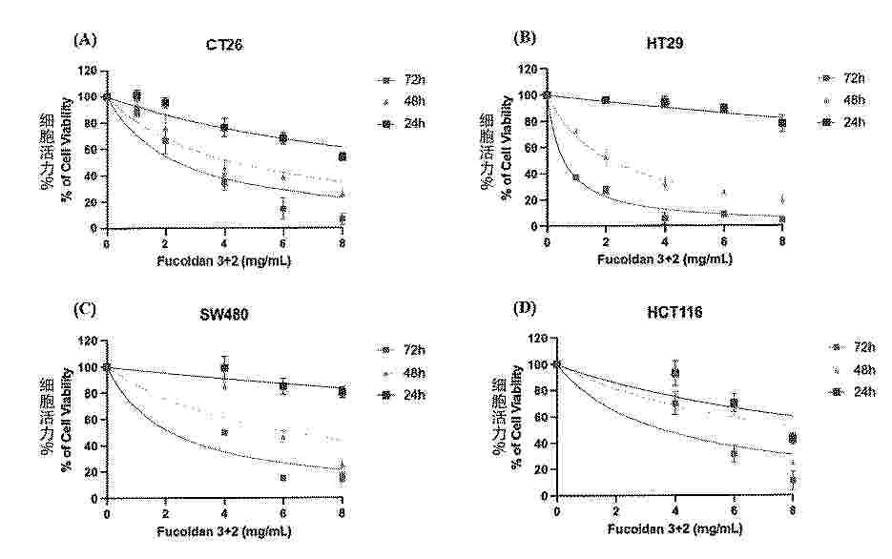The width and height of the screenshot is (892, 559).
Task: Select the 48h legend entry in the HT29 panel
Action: coord(842,100)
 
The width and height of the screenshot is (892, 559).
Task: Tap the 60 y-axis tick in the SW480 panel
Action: coord(91,420)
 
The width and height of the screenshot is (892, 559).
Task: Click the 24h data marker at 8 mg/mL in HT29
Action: coord(782,123)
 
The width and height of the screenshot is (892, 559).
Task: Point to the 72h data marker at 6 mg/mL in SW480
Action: coord(283,478)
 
